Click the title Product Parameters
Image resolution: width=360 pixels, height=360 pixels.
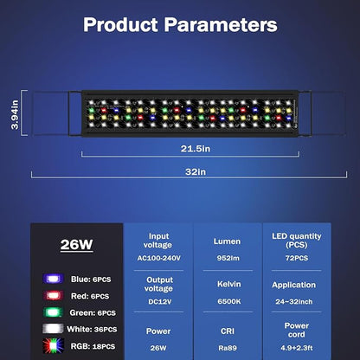pos(180,23)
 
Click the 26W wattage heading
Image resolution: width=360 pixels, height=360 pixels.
pos(76,244)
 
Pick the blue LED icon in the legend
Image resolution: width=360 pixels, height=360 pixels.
pos(54,280)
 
